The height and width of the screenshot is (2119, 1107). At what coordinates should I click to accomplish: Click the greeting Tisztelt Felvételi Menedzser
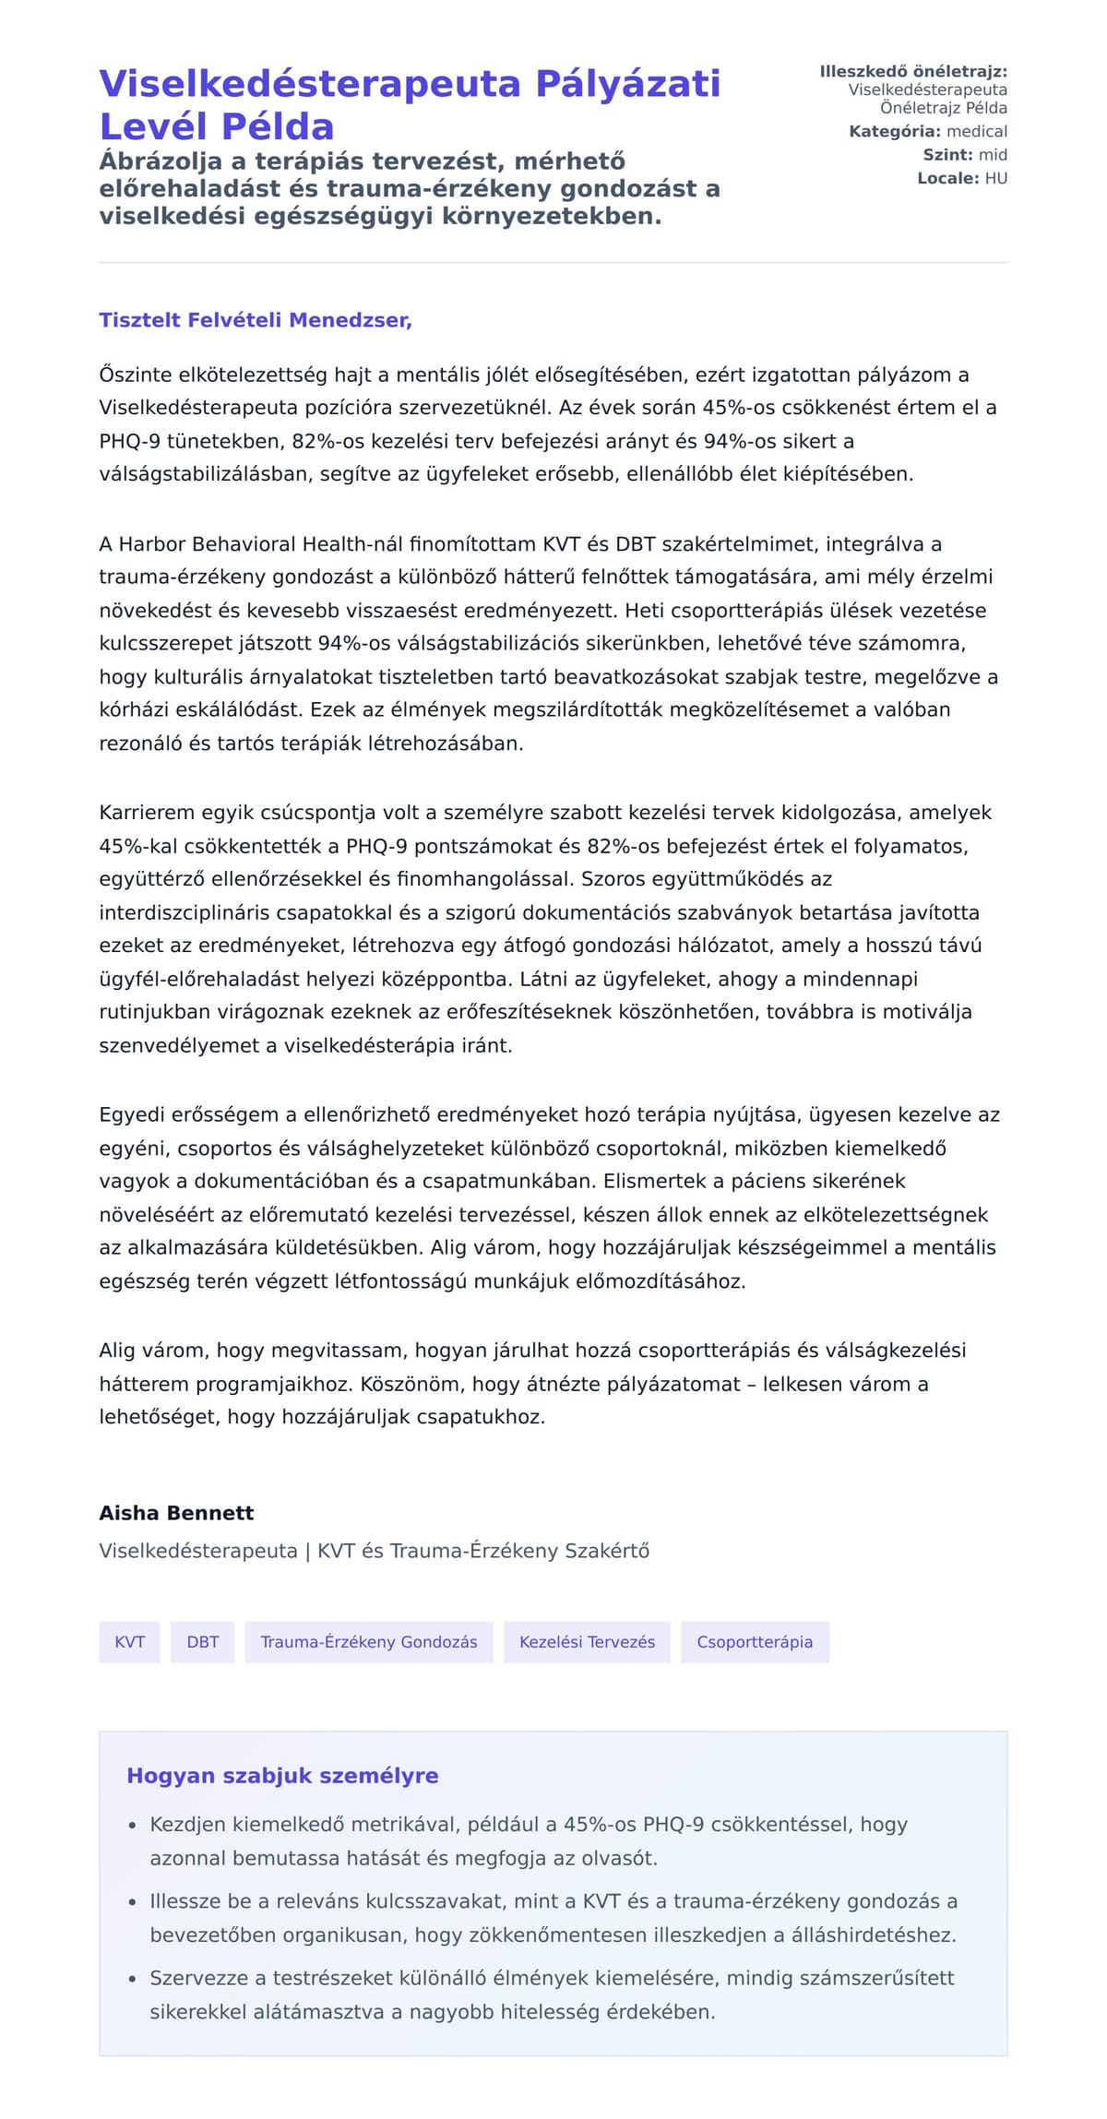tap(255, 320)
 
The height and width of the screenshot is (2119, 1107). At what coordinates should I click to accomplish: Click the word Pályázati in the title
tap(627, 83)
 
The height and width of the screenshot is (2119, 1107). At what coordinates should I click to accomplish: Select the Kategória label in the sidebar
tap(894, 131)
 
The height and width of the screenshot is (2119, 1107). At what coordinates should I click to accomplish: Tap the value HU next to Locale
tap(995, 178)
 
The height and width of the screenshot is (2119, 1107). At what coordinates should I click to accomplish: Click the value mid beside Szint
tap(993, 155)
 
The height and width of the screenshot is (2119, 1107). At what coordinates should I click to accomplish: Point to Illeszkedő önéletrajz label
tap(912, 71)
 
